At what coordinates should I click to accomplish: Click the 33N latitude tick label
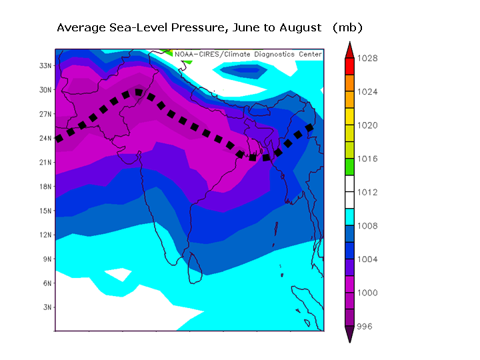coord(45,65)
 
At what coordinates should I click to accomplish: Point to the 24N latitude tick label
coord(45,138)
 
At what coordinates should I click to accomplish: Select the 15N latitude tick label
coord(45,211)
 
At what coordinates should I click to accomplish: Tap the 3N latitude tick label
coord(47,307)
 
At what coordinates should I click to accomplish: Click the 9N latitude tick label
coord(47,259)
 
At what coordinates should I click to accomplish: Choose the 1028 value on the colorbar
coord(367,59)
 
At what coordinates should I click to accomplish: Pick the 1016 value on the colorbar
coord(367,159)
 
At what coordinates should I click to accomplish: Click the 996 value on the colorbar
coord(365,326)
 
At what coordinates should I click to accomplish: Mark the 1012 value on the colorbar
coord(367,192)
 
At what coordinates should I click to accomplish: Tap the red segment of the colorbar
coord(349,66)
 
